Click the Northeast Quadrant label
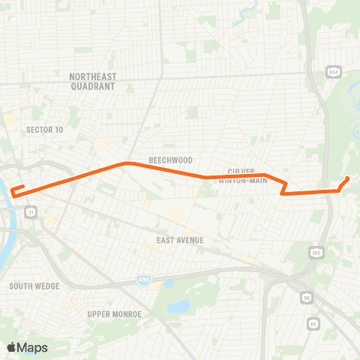tap(91, 82)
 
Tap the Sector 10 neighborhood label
tap(44, 130)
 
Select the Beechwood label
tap(170, 160)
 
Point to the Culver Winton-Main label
tap(242, 175)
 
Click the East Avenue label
tap(181, 240)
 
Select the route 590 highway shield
tap(316, 253)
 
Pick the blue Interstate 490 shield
tap(142, 279)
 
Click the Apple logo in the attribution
tap(12, 347)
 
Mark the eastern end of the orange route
tap(348, 178)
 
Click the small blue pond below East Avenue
tap(178, 306)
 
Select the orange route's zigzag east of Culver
tap(284, 187)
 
